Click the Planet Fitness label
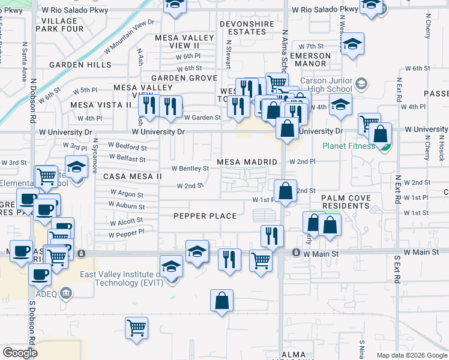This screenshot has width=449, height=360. pos(348,145)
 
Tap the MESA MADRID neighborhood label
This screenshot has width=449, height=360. pos(247,162)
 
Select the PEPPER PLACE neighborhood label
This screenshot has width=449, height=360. pos(204,216)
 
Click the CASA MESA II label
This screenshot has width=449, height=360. pos(133,176)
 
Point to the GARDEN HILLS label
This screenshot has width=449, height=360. pos(80,65)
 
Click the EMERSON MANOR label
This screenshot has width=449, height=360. pos(310,60)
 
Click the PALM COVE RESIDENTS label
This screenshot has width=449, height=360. pos(346,202)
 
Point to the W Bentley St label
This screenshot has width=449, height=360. pos(190,169)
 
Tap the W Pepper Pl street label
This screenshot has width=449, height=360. pos(127,232)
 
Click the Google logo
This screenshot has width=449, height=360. pos(20,353)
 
